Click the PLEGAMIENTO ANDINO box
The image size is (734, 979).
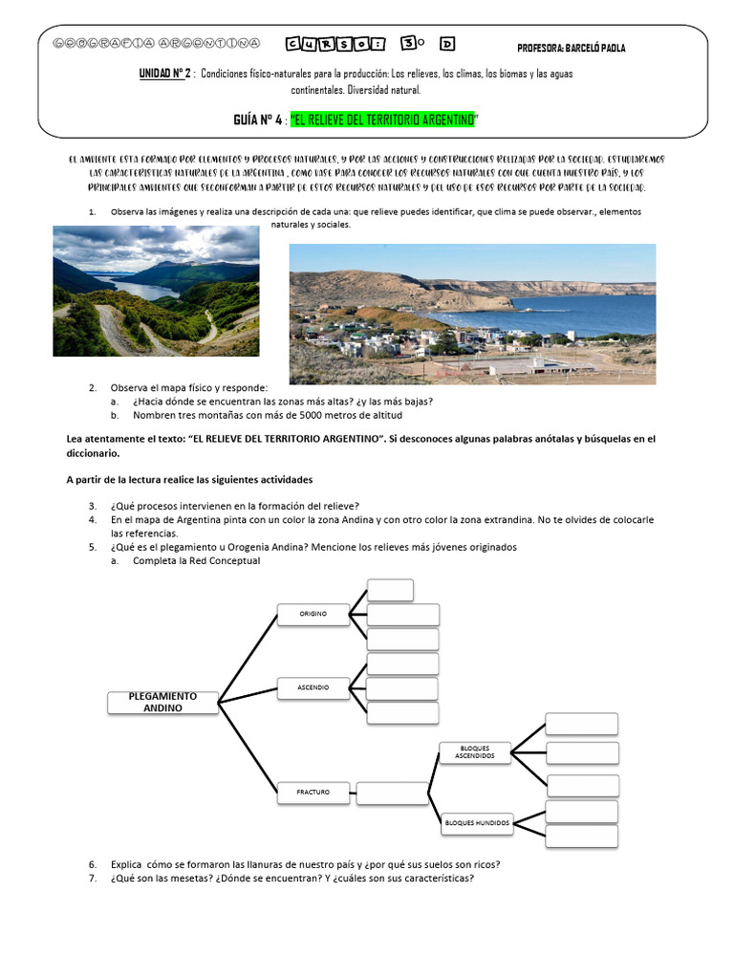coord(162,702)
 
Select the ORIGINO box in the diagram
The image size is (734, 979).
coord(313,613)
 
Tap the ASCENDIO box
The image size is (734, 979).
coord(313,686)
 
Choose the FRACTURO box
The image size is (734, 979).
coord(313,791)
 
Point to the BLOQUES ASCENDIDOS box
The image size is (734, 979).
coord(474,751)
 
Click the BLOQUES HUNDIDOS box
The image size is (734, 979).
coord(478,821)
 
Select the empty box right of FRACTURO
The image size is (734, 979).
coord(392,792)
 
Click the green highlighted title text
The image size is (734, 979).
coord(382,120)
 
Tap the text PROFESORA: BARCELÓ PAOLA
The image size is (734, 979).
coord(571,49)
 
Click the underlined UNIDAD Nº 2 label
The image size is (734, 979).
coord(165,74)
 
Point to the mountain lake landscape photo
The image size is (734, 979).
coord(156,291)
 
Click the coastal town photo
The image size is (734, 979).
coord(472,314)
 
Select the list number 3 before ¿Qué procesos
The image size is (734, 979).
coord(93,506)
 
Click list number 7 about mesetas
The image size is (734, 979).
coord(93,879)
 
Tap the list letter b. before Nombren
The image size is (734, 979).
coord(115,415)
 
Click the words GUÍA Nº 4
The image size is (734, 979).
coord(258,120)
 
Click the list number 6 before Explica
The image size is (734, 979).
coord(93,864)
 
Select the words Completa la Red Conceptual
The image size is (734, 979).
coord(196,561)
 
